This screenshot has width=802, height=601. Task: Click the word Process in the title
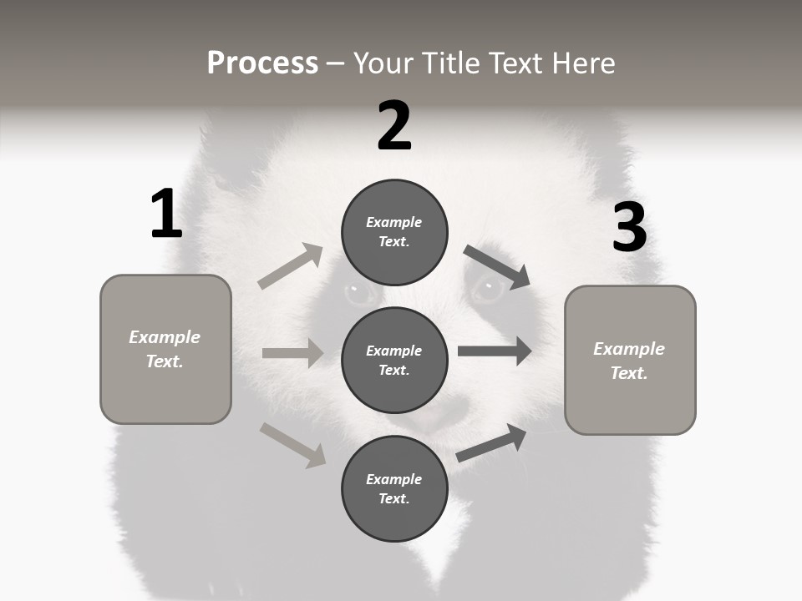262,63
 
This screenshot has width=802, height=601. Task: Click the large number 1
166,215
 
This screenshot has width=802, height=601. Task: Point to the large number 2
394,126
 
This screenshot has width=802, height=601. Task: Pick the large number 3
629,228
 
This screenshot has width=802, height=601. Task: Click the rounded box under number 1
165,349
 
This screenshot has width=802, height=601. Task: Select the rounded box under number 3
630,360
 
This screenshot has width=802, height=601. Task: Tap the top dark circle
394,232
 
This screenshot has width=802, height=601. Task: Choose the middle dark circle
394,360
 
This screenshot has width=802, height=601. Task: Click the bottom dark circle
394,488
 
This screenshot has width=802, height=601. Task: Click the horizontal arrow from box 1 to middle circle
292,353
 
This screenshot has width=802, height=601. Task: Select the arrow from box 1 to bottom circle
292,445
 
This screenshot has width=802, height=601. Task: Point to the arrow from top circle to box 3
497,267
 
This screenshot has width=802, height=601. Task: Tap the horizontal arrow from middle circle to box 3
495,351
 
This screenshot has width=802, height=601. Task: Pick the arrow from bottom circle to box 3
491,442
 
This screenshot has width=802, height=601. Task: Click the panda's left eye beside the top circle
361,293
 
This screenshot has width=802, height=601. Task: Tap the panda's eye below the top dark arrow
488,290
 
